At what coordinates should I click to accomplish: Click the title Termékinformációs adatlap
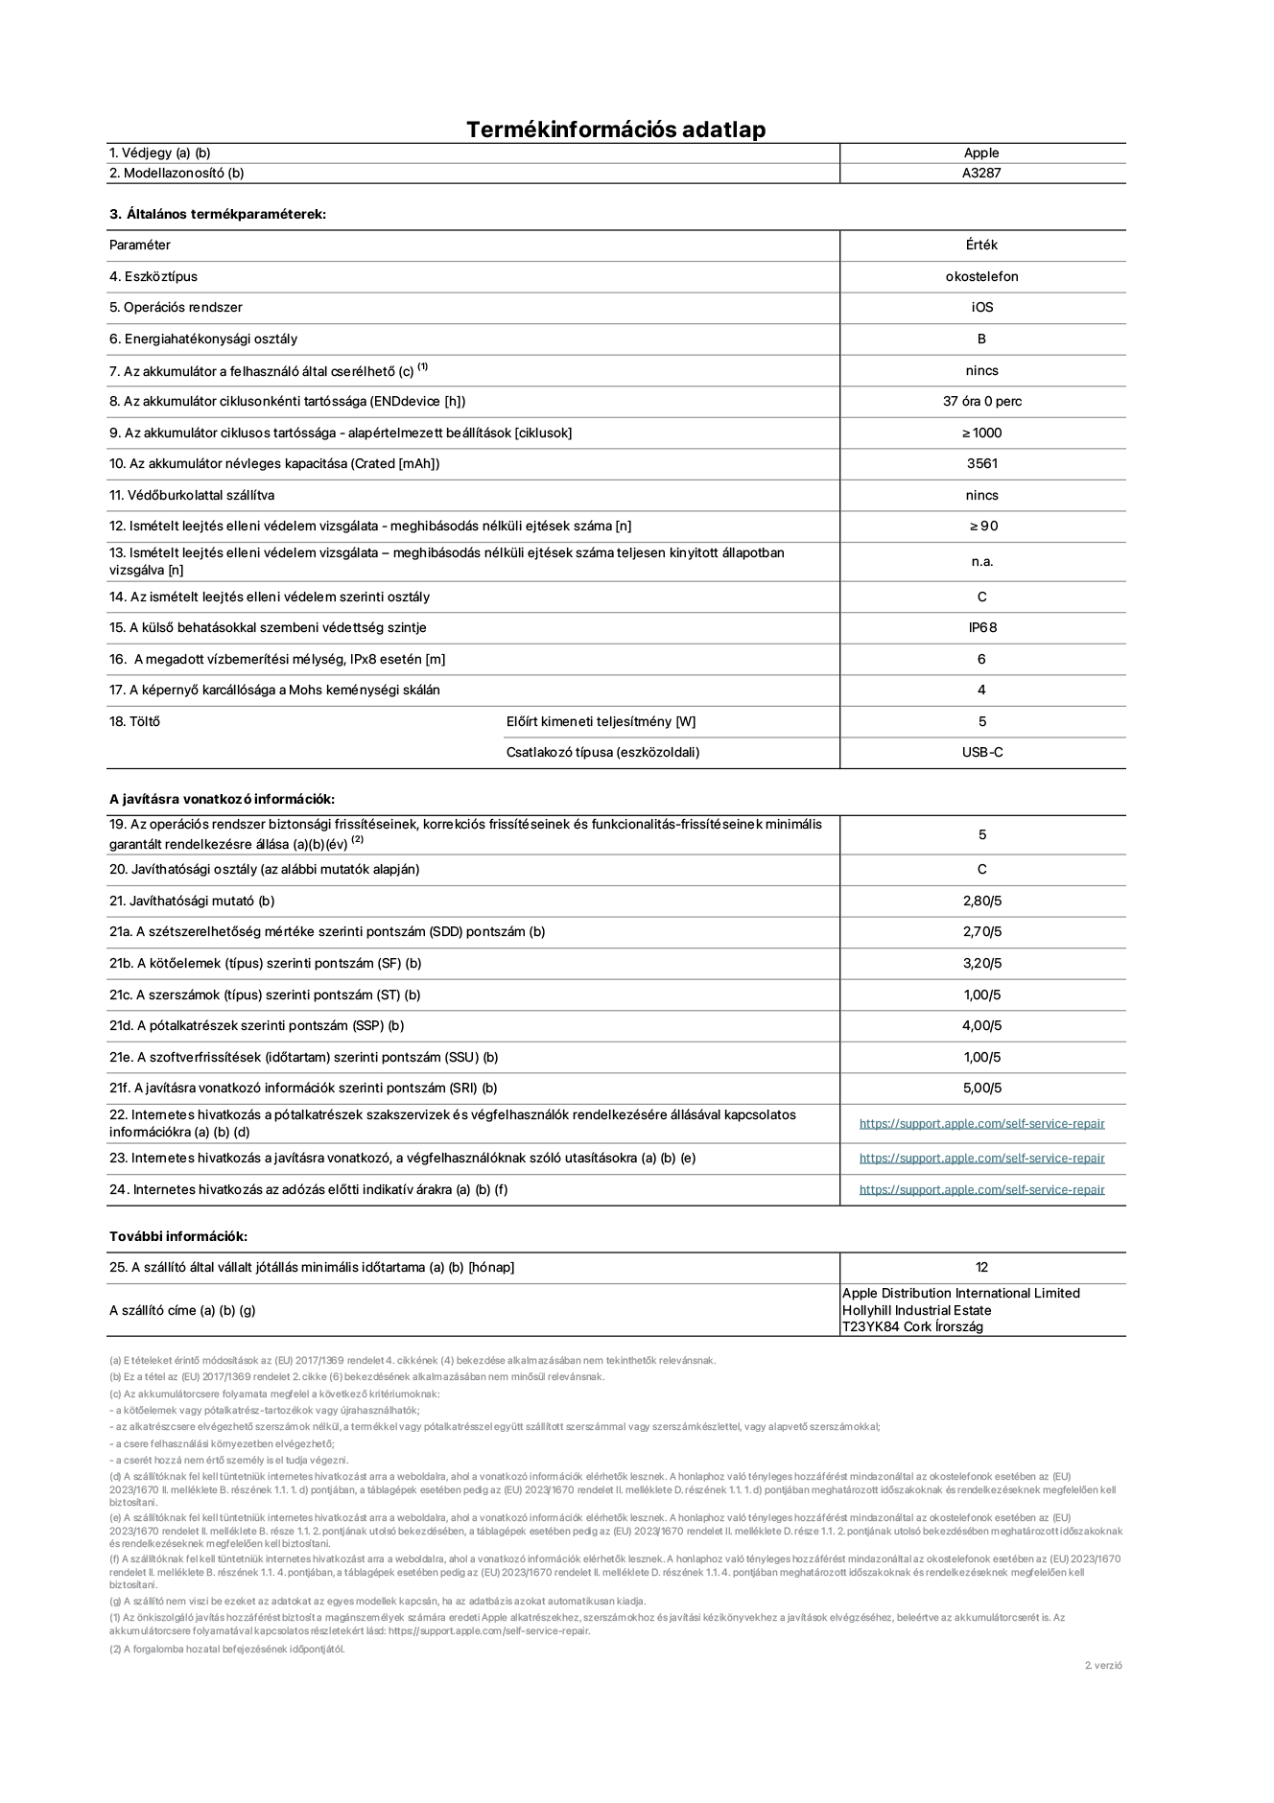click(616, 129)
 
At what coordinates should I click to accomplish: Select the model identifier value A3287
click(981, 174)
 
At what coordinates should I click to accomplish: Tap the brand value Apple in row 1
click(981, 152)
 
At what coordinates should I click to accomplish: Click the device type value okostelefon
click(981, 277)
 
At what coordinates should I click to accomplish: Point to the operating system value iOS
click(981, 308)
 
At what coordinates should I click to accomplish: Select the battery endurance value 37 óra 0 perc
click(981, 402)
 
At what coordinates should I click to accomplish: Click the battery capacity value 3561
click(981, 464)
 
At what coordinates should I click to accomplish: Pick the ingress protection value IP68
click(981, 628)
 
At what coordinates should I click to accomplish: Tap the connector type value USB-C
click(981, 753)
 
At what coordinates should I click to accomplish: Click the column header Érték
click(981, 246)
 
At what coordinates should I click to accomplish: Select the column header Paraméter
click(140, 246)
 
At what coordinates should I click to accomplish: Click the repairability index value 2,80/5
click(981, 901)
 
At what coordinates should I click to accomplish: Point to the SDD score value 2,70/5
click(981, 932)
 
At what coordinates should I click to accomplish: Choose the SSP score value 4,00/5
click(981, 1026)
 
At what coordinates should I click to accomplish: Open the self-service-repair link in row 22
click(981, 1124)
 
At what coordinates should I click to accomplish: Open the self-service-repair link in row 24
click(981, 1190)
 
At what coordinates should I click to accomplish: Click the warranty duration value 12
click(981, 1268)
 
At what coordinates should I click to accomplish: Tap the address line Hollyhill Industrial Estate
click(916, 1311)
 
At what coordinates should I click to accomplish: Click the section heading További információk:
click(178, 1237)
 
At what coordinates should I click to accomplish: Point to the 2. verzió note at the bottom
click(1103, 1665)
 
